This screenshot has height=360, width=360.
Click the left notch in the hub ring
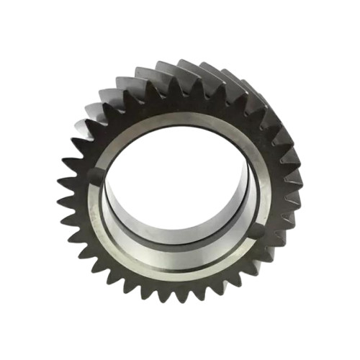click(x=96, y=175)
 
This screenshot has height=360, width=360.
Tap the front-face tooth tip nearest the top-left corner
click(x=94, y=115)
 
